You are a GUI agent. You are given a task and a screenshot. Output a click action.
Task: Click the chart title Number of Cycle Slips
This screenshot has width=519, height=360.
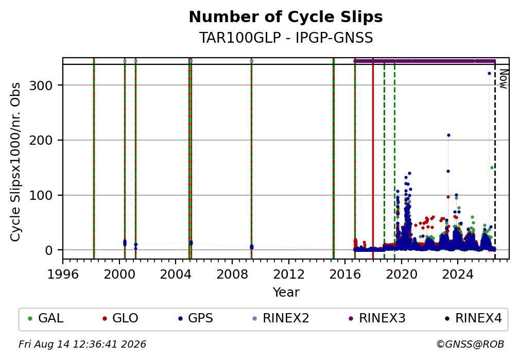[286, 17]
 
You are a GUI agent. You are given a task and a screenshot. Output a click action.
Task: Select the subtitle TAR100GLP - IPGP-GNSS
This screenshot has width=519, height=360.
[286, 38]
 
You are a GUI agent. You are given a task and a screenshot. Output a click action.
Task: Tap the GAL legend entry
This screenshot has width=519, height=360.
[46, 318]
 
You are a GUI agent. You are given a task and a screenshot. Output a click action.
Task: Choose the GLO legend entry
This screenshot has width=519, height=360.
[120, 318]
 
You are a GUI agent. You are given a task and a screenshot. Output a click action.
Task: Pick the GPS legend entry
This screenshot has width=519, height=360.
[196, 318]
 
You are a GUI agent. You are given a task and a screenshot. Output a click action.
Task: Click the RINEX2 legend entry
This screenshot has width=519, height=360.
[281, 318]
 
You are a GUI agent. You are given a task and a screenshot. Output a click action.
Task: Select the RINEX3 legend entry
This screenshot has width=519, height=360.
[377, 318]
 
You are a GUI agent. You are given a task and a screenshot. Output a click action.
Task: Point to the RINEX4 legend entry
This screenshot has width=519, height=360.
[473, 318]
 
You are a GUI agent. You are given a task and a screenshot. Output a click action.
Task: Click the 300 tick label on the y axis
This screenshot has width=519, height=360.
[41, 85]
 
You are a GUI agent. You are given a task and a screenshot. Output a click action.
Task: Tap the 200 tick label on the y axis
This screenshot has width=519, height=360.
[41, 141]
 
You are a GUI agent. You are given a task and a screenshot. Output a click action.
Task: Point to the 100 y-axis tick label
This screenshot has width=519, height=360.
[41, 195]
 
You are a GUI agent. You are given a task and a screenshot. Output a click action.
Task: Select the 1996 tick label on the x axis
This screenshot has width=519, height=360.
[63, 275]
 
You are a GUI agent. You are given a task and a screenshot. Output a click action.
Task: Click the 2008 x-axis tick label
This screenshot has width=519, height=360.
[232, 275]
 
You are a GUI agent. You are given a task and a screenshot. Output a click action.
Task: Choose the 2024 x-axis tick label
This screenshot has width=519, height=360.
[458, 275]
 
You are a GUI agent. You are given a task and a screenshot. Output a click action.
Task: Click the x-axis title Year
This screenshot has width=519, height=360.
[286, 293]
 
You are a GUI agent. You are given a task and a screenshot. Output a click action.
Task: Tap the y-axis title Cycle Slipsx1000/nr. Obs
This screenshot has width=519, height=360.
[15, 162]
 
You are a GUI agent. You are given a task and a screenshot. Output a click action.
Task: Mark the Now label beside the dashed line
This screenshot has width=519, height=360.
[503, 79]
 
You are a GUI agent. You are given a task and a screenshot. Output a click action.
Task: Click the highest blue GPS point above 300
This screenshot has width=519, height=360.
[489, 74]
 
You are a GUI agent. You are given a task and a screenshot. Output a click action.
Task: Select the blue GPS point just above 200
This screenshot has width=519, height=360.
[448, 135]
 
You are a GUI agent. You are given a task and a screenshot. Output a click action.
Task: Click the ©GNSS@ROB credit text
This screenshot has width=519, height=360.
[470, 345]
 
